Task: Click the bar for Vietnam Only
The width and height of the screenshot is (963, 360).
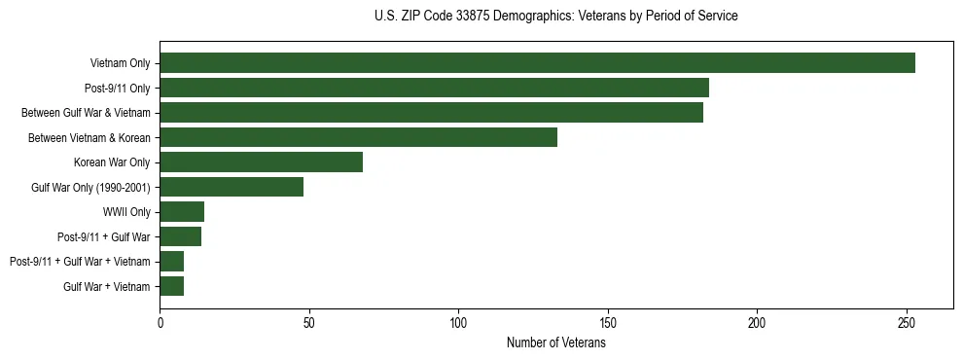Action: click(x=537, y=63)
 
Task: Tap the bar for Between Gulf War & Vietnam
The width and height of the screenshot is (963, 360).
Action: click(x=431, y=113)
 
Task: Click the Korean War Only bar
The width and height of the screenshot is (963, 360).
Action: click(x=261, y=162)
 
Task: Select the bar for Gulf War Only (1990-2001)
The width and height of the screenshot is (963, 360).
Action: click(x=232, y=187)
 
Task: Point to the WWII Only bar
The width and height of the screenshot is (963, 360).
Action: click(x=182, y=211)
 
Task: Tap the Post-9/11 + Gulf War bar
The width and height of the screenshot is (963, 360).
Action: click(x=180, y=236)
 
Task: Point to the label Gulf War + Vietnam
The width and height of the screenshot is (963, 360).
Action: click(x=107, y=286)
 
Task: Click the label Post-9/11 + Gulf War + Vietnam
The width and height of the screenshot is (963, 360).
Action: click(x=80, y=262)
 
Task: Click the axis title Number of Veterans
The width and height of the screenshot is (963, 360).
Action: click(x=555, y=342)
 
